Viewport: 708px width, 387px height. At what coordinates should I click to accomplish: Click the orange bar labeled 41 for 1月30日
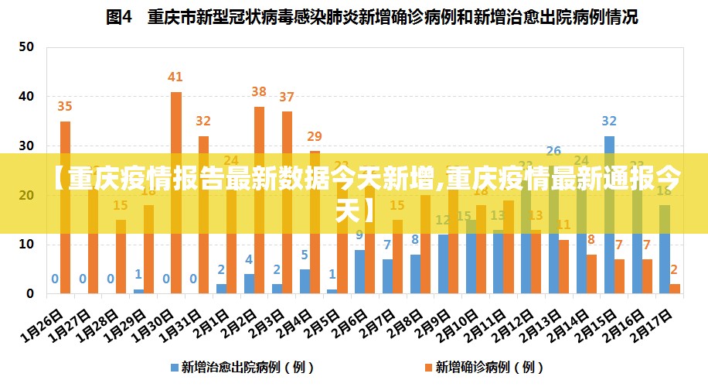click(x=176, y=124)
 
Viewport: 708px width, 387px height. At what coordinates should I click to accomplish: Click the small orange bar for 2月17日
click(x=675, y=289)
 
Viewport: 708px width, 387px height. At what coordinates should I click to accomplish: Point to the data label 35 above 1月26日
click(x=65, y=106)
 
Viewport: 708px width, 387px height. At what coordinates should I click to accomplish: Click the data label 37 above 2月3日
click(x=287, y=97)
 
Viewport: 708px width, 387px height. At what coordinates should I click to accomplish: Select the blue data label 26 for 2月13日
click(x=553, y=151)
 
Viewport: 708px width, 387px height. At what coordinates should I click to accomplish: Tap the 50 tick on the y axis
click(x=26, y=46)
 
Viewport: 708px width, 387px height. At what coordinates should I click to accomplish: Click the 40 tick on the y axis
click(x=26, y=96)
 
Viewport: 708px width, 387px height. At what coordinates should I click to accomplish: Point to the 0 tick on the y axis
click(x=30, y=294)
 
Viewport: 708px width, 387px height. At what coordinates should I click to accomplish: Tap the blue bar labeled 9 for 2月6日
click(x=359, y=272)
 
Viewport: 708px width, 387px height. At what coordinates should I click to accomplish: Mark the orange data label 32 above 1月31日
click(x=203, y=121)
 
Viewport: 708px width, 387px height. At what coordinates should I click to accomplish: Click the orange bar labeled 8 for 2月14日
click(x=591, y=274)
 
